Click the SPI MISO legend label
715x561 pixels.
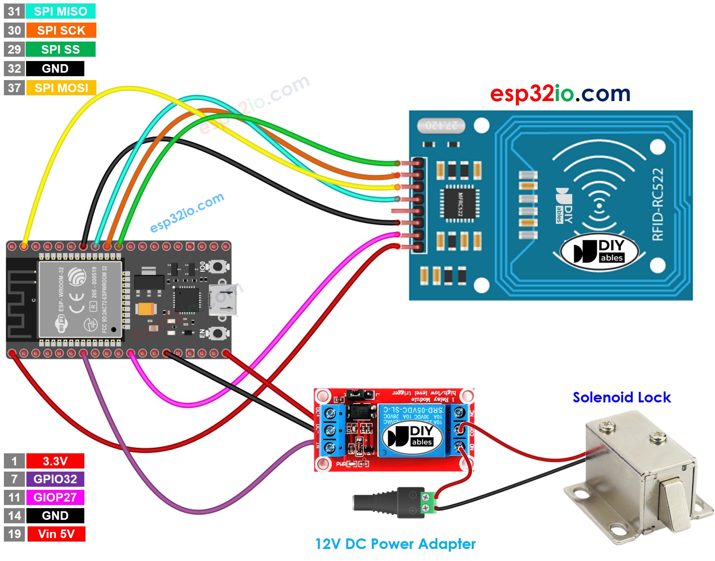click(60, 11)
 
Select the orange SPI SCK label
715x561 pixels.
click(61, 30)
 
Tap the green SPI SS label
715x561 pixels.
click(60, 49)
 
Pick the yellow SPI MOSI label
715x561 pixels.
click(61, 88)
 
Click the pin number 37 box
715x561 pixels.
click(14, 88)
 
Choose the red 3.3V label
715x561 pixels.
click(55, 461)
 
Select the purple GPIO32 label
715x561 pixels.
click(55, 479)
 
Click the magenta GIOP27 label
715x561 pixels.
click(55, 497)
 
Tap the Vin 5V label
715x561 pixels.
click(56, 534)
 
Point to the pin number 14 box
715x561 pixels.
click(14, 516)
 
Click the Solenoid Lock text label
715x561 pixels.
click(621, 397)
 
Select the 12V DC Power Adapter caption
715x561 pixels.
click(395, 544)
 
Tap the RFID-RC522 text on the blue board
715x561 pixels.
click(657, 204)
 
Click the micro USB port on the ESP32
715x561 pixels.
click(222, 300)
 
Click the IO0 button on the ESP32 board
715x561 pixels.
click(217, 267)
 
